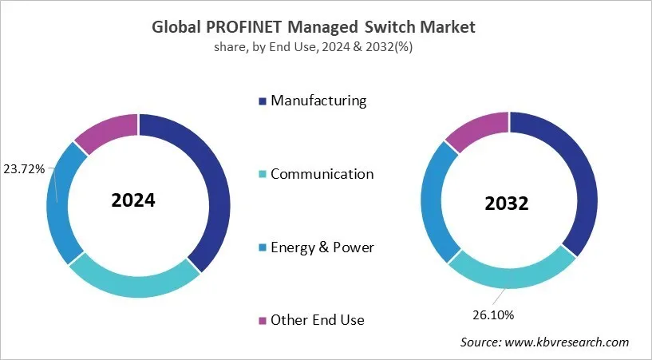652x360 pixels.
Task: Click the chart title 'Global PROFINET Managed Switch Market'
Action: [314, 26]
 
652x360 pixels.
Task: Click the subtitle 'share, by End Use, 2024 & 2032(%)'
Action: [313, 47]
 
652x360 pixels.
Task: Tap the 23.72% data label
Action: [26, 168]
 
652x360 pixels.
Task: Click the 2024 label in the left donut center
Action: [132, 200]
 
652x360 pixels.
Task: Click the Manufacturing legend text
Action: [318, 101]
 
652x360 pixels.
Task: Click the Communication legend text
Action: [322, 174]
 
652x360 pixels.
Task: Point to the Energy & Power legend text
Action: [322, 247]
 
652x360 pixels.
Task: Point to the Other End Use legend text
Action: [317, 320]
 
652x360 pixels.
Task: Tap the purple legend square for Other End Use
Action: [262, 321]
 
